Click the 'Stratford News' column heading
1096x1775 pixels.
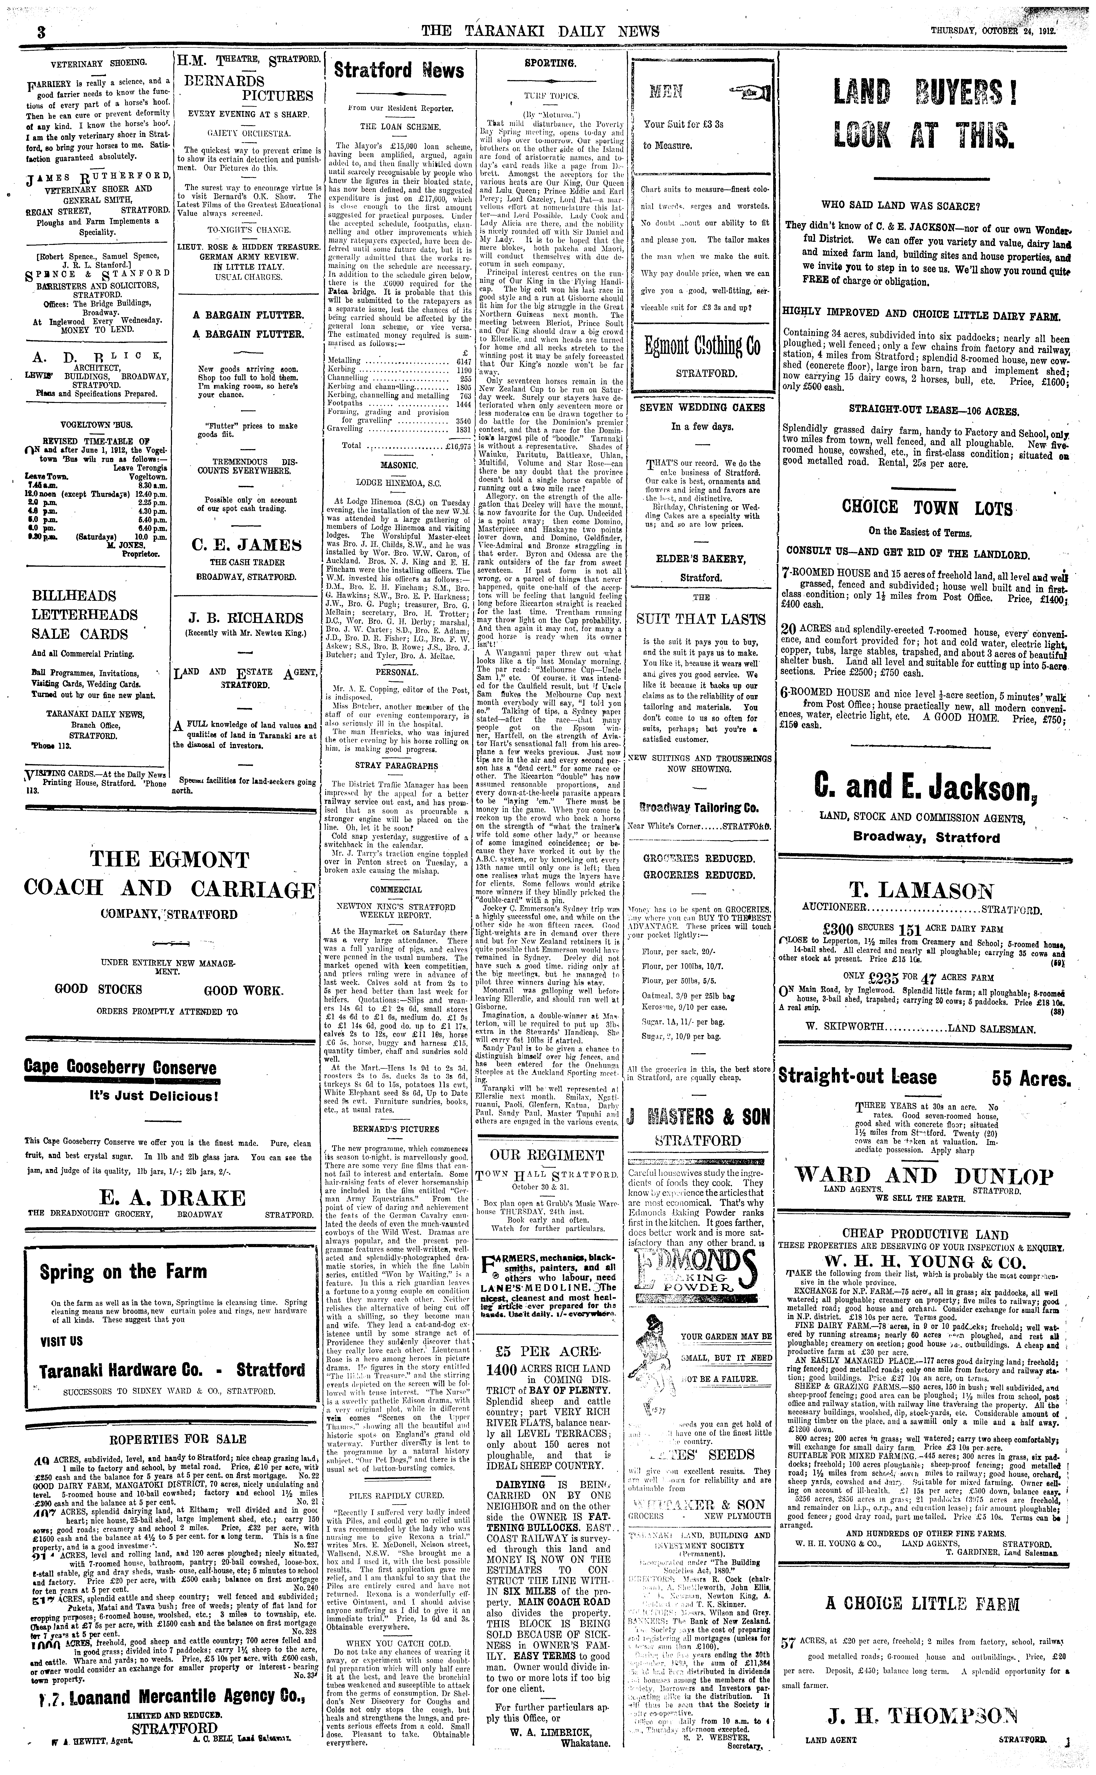coord(399,70)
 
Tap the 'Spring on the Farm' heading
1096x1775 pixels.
coord(123,1272)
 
